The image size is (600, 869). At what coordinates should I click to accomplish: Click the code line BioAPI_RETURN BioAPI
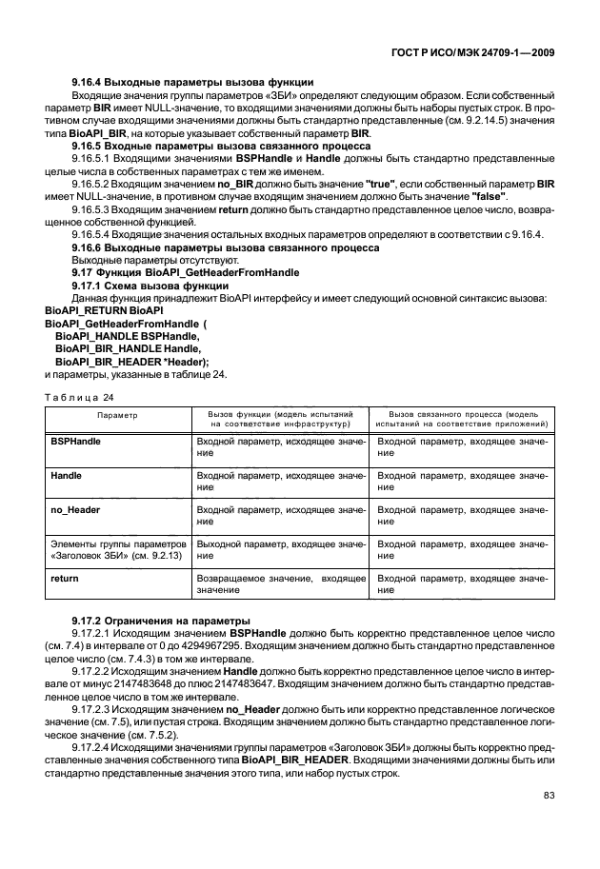(x=106, y=311)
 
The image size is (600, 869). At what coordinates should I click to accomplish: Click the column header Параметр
(x=116, y=416)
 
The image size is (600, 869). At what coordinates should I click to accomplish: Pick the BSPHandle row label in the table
(x=75, y=443)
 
